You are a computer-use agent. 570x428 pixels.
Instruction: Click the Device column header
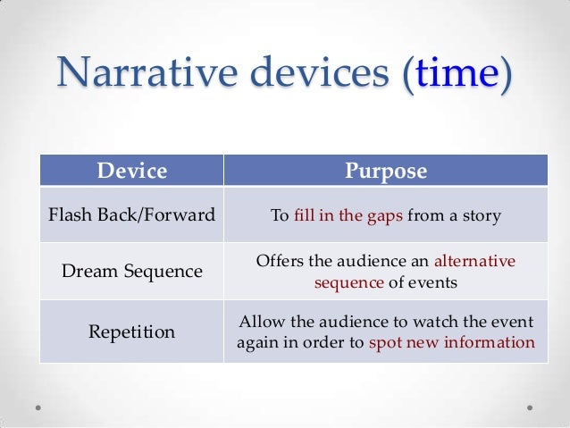pyautogui.click(x=131, y=171)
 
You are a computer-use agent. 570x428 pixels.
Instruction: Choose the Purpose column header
pyautogui.click(x=386, y=171)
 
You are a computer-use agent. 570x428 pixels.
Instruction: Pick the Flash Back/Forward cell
pyautogui.click(x=131, y=215)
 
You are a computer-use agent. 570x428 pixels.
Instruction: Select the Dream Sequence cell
pyautogui.click(x=131, y=271)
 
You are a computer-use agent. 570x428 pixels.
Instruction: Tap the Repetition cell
pyautogui.click(x=131, y=332)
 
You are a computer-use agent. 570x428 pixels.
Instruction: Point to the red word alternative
pyautogui.click(x=474, y=262)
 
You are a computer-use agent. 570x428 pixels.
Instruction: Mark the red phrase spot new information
pyautogui.click(x=451, y=343)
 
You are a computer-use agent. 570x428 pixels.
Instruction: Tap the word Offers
pyautogui.click(x=281, y=262)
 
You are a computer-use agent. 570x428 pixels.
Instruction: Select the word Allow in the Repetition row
pyautogui.click(x=260, y=322)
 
